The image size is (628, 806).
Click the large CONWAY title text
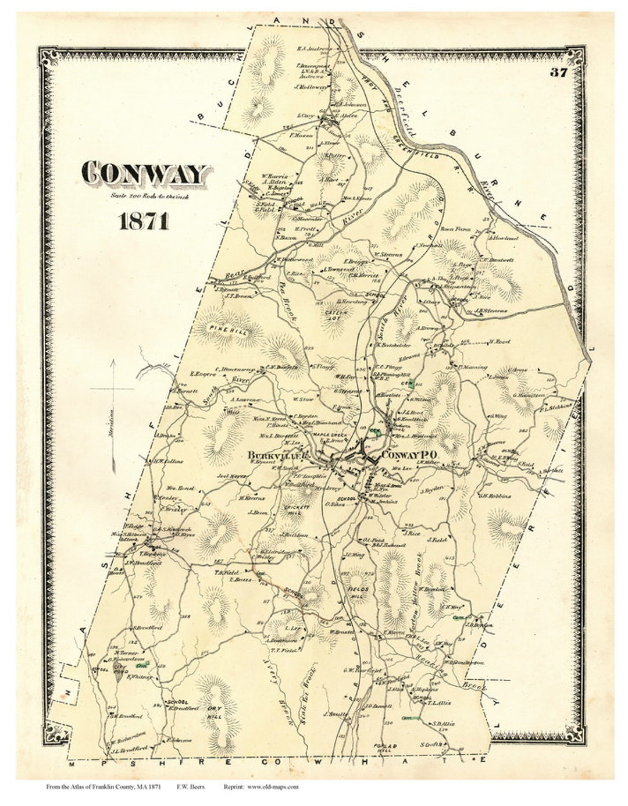pos(145,173)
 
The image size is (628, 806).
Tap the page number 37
pos(556,73)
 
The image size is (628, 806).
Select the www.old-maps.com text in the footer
pos(273,787)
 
